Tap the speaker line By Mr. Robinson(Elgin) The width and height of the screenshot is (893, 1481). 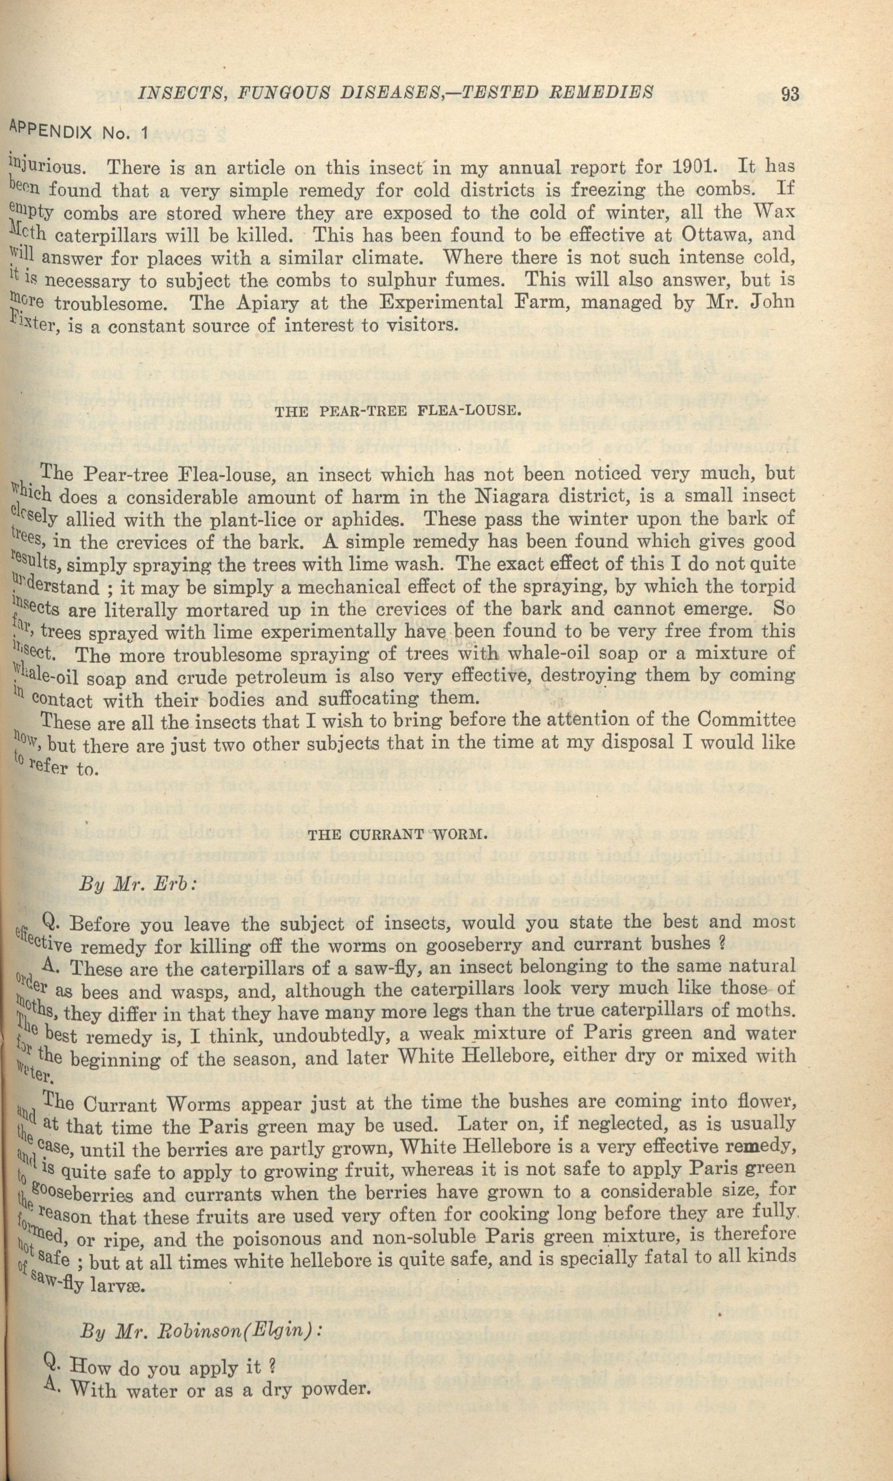pos(201,1329)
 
